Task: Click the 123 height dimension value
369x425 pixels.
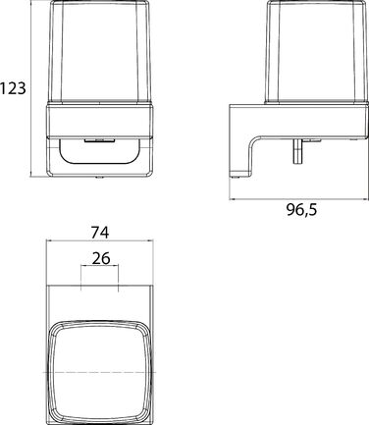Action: point(13,88)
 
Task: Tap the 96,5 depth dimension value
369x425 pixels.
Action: point(302,210)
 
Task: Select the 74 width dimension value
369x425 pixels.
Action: point(100,233)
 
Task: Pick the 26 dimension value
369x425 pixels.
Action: point(101,258)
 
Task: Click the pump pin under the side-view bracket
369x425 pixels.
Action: point(298,151)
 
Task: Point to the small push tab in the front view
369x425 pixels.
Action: point(99,140)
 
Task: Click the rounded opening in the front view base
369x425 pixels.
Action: point(100,151)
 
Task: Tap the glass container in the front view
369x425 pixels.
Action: point(100,52)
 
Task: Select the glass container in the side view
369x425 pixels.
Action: point(316,52)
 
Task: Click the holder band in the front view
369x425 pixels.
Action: point(100,120)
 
